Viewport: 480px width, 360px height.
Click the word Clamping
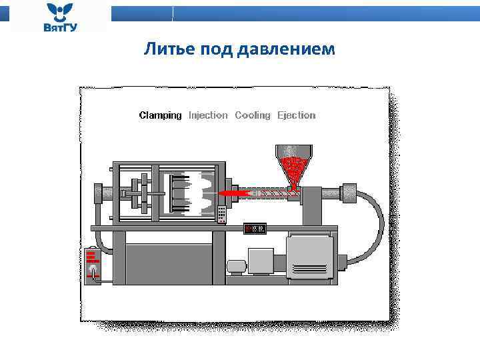(160, 115)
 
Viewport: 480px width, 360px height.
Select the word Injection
(208, 115)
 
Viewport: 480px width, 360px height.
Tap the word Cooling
(253, 115)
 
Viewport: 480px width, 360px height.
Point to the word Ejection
(297, 115)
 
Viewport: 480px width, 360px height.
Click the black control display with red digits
(255, 228)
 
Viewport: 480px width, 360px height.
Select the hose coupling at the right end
(347, 193)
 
